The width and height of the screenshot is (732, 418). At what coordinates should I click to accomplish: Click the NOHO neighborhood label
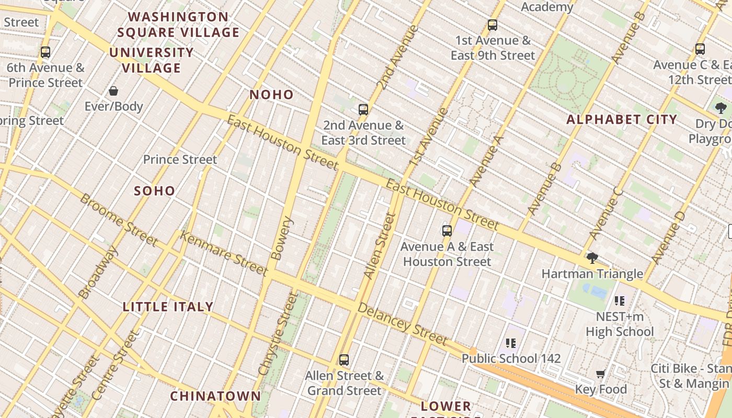(x=271, y=95)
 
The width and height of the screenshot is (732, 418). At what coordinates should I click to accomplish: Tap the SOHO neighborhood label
(x=155, y=191)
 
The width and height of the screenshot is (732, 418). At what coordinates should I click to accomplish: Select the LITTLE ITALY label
(x=168, y=307)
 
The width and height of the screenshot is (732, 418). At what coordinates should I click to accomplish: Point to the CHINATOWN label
(x=215, y=396)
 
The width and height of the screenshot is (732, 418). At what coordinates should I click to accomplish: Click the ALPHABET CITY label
(x=622, y=120)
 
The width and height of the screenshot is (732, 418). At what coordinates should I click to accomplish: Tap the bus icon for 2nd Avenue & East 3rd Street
(x=363, y=110)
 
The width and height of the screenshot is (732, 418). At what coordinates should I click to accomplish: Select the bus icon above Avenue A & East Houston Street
(x=447, y=231)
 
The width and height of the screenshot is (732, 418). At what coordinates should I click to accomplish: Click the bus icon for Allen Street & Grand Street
(x=344, y=360)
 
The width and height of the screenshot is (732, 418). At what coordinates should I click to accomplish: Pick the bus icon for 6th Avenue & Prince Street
(x=45, y=52)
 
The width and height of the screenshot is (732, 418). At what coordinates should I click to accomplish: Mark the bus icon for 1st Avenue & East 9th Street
(x=493, y=25)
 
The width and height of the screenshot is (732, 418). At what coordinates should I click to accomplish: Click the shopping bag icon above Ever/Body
(x=113, y=91)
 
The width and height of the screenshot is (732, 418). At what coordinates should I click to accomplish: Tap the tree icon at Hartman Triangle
(x=592, y=258)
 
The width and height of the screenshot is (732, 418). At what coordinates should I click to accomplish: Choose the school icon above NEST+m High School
(x=620, y=301)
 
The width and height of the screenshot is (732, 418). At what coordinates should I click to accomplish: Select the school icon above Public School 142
(x=511, y=343)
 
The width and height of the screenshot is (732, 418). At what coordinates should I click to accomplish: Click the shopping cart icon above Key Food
(x=601, y=374)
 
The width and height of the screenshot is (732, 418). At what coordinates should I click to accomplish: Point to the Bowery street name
(x=283, y=238)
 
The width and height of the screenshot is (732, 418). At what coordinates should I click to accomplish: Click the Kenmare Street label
(x=224, y=253)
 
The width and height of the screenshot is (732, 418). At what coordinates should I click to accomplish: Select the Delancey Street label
(x=402, y=324)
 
